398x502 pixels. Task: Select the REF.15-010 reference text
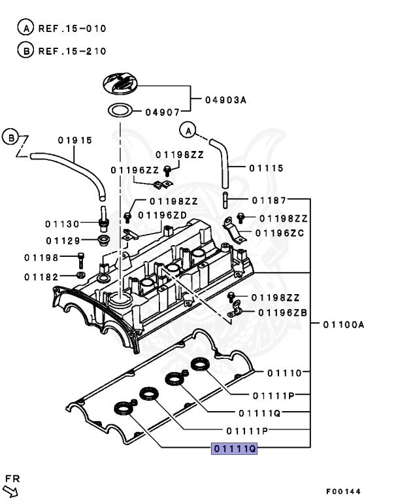click(72, 29)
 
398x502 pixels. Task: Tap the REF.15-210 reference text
click(72, 51)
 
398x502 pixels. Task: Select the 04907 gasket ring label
click(159, 111)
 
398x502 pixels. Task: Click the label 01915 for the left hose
click(75, 140)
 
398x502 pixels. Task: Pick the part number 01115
click(266, 168)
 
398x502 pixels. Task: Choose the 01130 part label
click(63, 224)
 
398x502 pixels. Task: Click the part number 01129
click(63, 241)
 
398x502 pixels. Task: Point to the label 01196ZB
click(282, 312)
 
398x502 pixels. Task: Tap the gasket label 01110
click(284, 373)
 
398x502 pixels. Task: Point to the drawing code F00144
click(342, 492)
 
